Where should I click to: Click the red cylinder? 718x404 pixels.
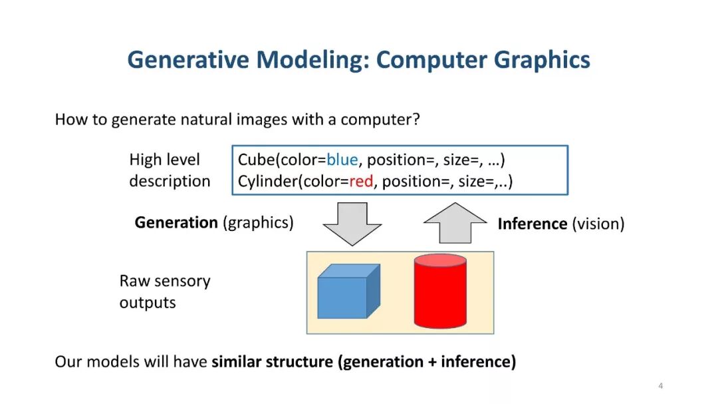tap(439, 296)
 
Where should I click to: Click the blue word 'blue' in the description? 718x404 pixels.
tap(342, 160)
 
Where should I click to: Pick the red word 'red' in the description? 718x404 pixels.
tap(361, 181)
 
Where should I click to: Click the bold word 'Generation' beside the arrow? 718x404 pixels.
tap(176, 222)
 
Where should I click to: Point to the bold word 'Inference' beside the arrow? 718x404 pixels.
tap(532, 224)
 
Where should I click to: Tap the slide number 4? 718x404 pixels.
tap(660, 386)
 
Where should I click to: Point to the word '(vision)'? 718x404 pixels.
tap(598, 224)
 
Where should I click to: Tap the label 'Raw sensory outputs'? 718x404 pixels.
tap(164, 292)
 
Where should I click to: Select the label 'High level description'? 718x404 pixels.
tap(170, 170)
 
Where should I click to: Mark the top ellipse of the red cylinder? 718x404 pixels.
tap(439, 260)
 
